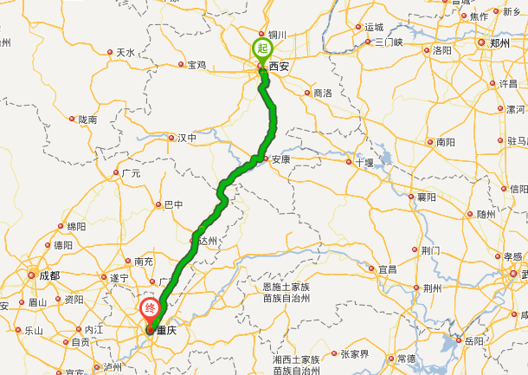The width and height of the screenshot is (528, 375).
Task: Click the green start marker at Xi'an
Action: (x=261, y=48)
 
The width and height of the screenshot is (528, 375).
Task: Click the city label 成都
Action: (x=49, y=275)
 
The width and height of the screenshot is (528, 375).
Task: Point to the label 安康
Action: (x=280, y=159)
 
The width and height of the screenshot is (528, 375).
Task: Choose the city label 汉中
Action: (x=187, y=138)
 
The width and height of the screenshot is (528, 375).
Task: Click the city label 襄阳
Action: (x=427, y=197)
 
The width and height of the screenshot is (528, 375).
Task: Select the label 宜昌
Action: (x=386, y=269)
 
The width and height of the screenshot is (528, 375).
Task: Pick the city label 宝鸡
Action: (x=196, y=65)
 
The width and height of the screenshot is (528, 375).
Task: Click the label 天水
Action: (x=126, y=53)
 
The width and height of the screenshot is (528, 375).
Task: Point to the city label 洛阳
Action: (x=442, y=51)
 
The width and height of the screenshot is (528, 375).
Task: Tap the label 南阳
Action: (x=445, y=141)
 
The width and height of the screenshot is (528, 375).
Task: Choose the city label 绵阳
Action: (x=76, y=226)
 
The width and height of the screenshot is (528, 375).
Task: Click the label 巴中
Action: (x=173, y=205)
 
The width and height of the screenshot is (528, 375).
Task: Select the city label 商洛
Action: (x=322, y=93)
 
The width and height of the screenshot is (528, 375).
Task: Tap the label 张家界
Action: (x=353, y=353)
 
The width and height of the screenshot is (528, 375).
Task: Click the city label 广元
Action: (x=131, y=173)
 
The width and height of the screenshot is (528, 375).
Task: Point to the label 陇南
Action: (x=87, y=120)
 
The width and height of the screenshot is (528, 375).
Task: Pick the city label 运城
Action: (x=373, y=27)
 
